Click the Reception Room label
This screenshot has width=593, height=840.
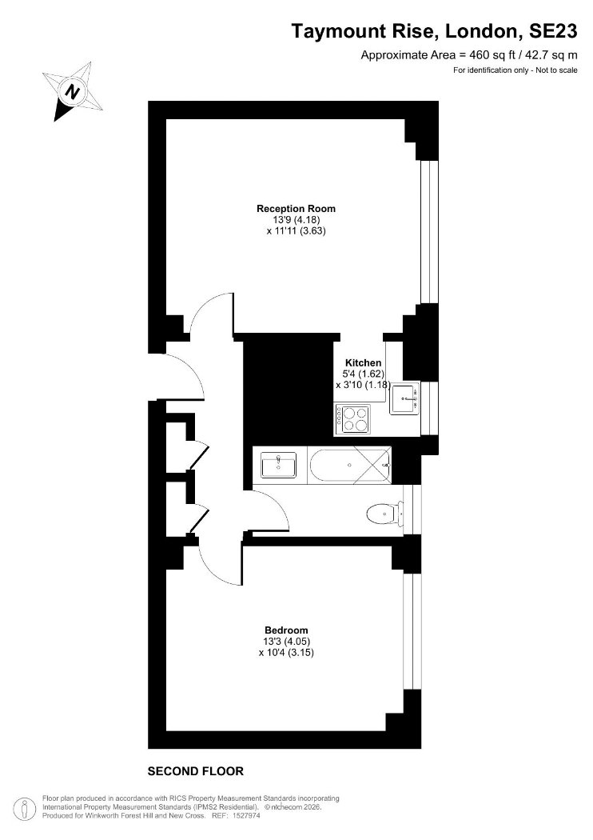point(296,208)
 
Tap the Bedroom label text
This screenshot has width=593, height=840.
point(286,630)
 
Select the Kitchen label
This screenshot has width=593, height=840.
point(363,362)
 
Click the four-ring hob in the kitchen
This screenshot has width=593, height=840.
point(353,419)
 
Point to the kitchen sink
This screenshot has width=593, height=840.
point(405,398)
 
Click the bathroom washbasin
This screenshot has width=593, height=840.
point(278,465)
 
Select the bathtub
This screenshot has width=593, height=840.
point(349,465)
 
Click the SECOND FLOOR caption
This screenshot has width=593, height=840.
point(195,771)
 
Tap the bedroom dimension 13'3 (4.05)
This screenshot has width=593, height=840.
point(287,642)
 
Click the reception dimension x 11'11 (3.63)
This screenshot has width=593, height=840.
point(296,231)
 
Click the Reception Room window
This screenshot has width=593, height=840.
point(430,232)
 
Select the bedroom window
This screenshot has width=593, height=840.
point(412,631)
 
